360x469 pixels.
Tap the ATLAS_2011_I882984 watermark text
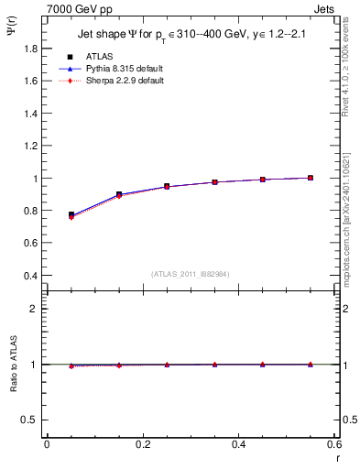click(191, 274)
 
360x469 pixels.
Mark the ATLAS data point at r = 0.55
click(311, 178)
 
